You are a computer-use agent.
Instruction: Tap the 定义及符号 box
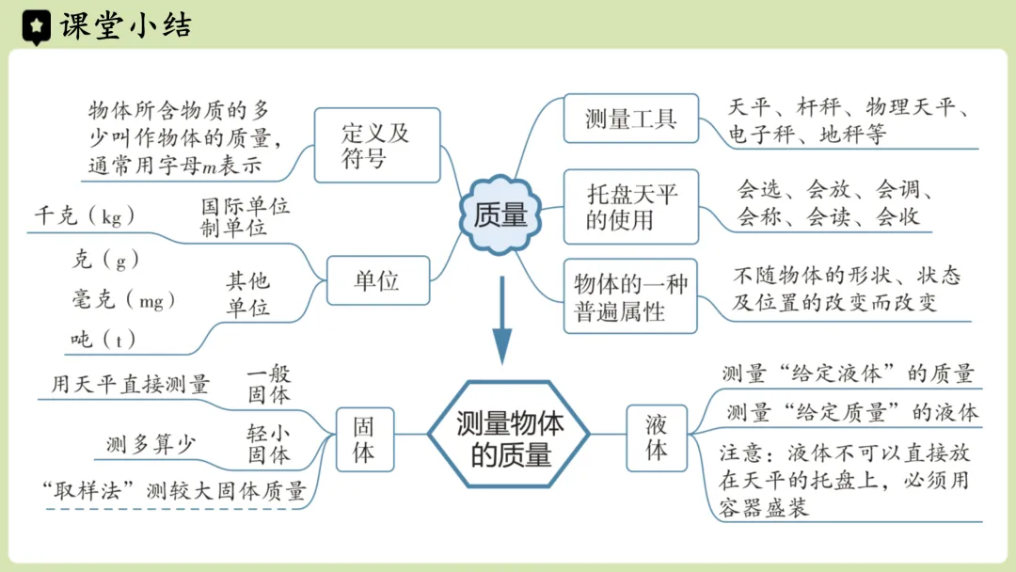[x=376, y=145]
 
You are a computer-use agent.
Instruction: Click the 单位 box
[x=377, y=279]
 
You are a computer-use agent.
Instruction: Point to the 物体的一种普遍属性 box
[x=630, y=297]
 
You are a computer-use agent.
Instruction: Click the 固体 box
[x=363, y=437]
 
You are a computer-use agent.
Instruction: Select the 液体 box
[x=657, y=437]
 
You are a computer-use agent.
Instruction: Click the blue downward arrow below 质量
[x=501, y=320]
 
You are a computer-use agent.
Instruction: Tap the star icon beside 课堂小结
[x=37, y=26]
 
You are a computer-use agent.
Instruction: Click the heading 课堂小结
[x=124, y=26]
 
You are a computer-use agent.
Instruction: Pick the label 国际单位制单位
[x=246, y=217]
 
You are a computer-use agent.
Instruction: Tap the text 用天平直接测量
[x=131, y=383]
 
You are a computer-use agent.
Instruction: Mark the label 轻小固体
[x=269, y=444]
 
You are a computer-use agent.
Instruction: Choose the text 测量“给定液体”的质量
[x=848, y=373]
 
